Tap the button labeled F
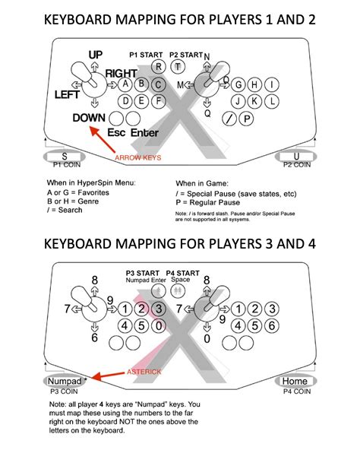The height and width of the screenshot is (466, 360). click(x=159, y=100)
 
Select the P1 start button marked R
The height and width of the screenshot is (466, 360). click(x=158, y=67)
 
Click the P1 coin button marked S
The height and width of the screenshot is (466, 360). click(x=65, y=157)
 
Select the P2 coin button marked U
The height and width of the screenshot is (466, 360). click(x=296, y=157)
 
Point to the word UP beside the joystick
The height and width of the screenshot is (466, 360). click(x=95, y=55)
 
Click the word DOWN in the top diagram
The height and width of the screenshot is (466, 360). click(x=89, y=118)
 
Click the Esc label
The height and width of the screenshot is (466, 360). click(x=117, y=132)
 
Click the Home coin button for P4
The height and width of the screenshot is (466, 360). click(x=295, y=380)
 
